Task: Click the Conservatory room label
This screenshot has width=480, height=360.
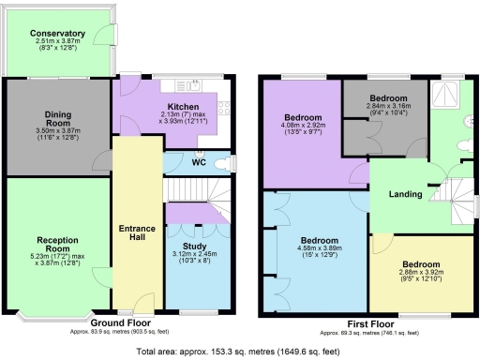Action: pos(57,34)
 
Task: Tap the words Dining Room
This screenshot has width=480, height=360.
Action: pos(57,118)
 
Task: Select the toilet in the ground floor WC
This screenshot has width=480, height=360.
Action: pos(222,163)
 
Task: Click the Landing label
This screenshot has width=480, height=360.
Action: pos(405,195)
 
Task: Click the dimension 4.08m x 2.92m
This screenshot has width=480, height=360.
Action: pos(303,127)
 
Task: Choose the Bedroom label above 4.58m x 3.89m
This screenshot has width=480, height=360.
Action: pos(319,241)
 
